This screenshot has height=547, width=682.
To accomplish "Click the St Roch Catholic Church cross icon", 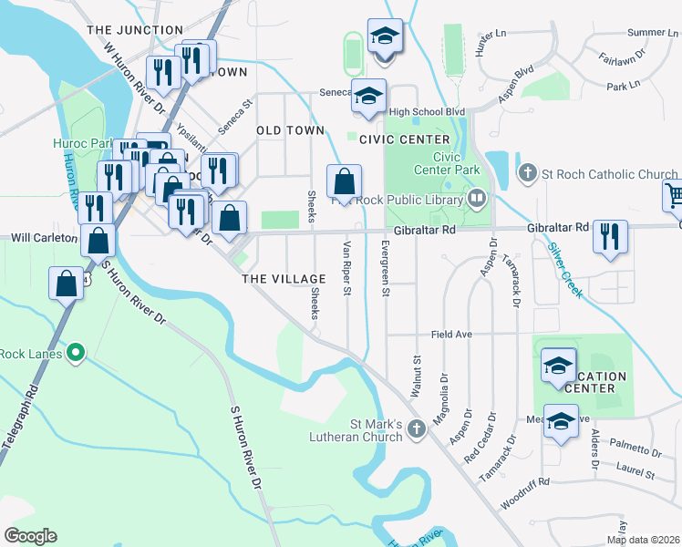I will [527, 173].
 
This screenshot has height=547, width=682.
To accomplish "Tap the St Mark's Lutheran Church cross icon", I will [417, 428].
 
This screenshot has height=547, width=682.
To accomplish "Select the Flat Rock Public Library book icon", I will [477, 197].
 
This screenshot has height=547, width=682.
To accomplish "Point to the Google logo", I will [30, 536].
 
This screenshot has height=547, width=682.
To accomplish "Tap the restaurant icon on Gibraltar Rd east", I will [608, 235].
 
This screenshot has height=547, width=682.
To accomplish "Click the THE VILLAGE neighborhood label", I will [284, 279].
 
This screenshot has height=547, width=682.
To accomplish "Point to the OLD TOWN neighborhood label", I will [290, 130].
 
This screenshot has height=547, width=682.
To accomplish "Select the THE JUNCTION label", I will [135, 30].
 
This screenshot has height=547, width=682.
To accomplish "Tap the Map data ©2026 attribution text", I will [643, 540].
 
